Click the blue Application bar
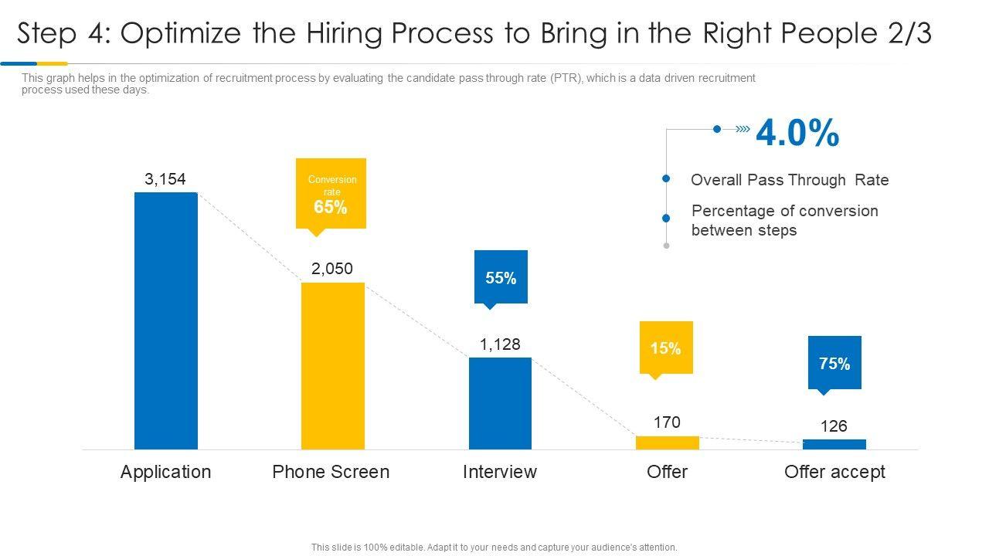(x=166, y=320)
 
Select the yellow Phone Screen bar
(x=332, y=365)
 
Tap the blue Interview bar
(x=500, y=403)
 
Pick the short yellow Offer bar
(x=667, y=442)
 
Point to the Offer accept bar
(x=834, y=444)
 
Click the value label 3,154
(x=165, y=179)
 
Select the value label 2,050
(x=332, y=269)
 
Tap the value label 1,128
(x=500, y=344)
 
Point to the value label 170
(x=667, y=422)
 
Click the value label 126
(x=834, y=426)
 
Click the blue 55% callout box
(x=501, y=277)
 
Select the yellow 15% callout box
(x=666, y=348)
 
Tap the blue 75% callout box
(x=834, y=363)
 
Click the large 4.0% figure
(x=797, y=133)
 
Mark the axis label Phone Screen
(x=331, y=472)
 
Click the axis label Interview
(x=500, y=472)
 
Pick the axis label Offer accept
(x=834, y=472)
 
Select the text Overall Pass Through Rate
(x=790, y=180)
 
